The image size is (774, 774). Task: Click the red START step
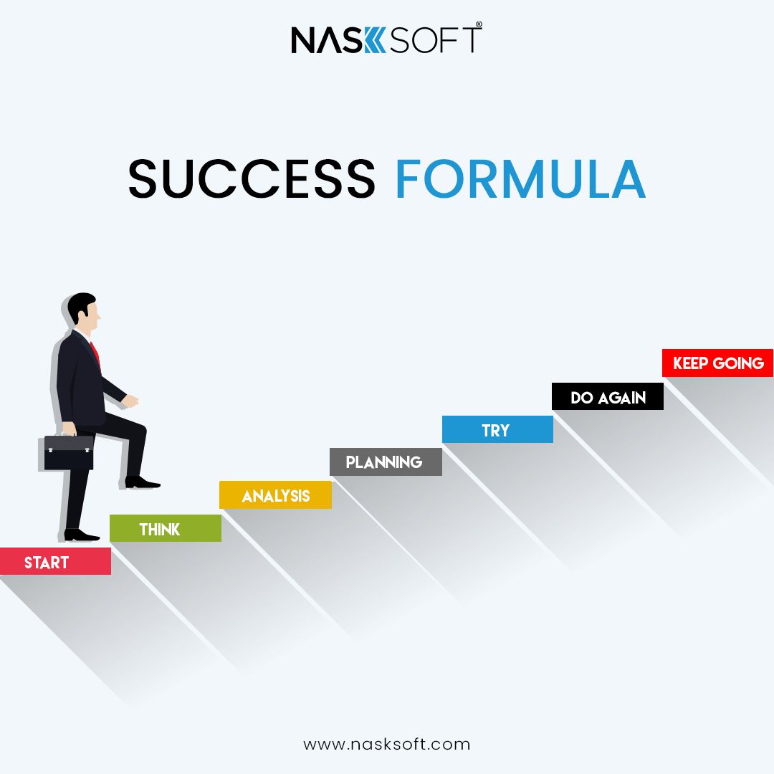point(55,561)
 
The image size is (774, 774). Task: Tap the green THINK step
point(166,528)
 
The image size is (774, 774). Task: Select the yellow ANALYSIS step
point(275,494)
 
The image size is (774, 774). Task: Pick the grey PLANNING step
point(386,462)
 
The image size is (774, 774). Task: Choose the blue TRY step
point(497,429)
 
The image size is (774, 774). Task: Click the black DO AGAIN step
point(608,396)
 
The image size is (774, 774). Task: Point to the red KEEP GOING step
point(717,363)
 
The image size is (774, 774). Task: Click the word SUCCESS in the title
point(252,178)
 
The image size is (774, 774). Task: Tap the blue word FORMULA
point(521,178)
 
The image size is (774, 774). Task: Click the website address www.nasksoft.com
point(386,745)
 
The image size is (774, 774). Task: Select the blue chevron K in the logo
point(375,39)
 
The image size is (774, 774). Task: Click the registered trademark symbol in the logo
point(479,24)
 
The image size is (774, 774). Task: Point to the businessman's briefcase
point(68,451)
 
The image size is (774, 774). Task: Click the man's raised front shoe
point(142,482)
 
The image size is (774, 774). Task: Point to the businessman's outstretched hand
point(130,401)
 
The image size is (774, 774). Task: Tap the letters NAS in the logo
point(327,39)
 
